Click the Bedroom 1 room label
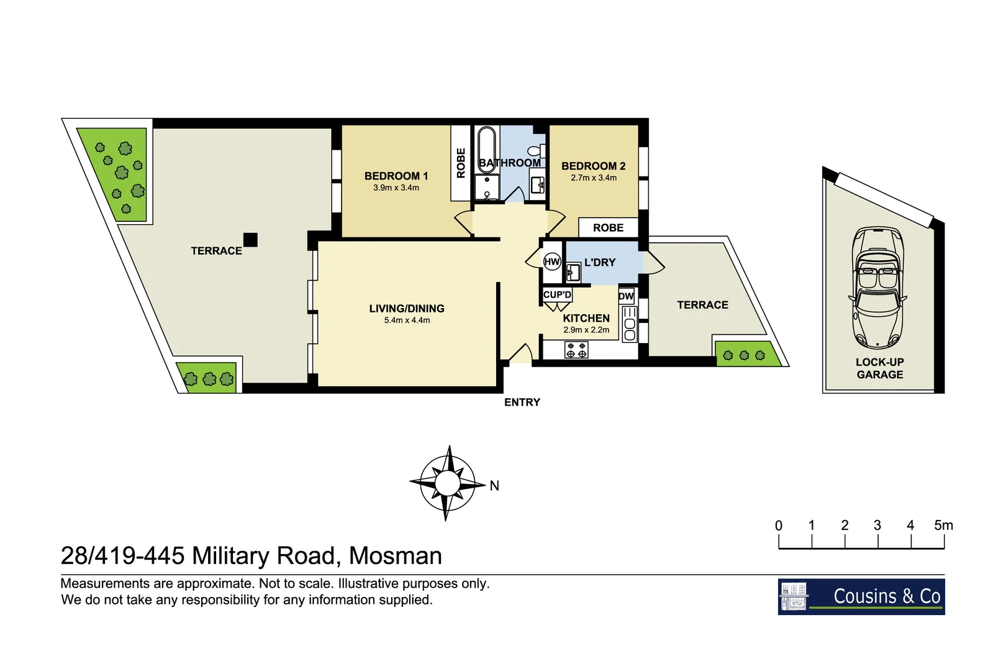pos(396,176)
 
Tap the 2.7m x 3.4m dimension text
pos(594,178)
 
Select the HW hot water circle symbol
pos(552,262)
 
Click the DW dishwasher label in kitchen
pos(626,296)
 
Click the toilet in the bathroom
pos(535,151)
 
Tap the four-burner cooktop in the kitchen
pos(576,350)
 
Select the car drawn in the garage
pos(878,287)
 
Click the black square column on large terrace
pos(250,239)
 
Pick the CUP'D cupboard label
pos(557,294)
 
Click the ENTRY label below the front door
pos(522,402)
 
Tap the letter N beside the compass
pos(494,486)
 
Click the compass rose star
pos(446,483)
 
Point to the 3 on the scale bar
pos(877,526)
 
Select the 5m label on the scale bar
pos(943,526)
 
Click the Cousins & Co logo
pos(861,596)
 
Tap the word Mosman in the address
pos(395,555)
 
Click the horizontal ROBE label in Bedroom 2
pos(608,227)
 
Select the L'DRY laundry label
pos(599,262)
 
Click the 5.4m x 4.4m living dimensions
pos(407,321)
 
